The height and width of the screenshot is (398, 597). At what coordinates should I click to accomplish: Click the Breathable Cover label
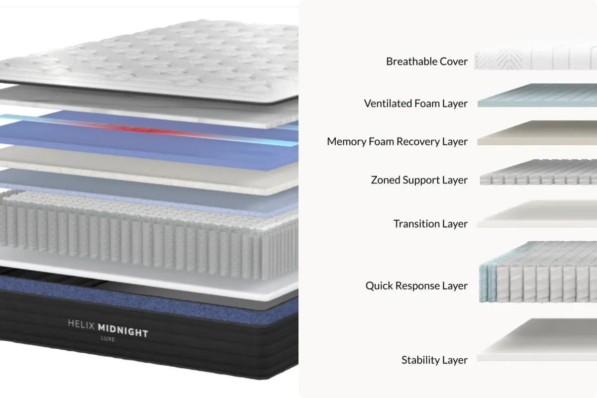427,61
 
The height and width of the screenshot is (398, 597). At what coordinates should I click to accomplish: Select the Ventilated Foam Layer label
416,103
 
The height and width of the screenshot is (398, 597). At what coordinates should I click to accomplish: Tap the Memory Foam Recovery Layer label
397,142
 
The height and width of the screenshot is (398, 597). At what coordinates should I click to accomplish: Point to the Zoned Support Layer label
419,180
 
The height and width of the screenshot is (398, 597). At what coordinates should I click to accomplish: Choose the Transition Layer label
430,224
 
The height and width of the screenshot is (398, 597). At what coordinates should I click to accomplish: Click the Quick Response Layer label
416,286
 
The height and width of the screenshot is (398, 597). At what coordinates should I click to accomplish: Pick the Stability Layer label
434,360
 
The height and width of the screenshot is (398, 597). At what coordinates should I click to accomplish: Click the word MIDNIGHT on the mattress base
123,331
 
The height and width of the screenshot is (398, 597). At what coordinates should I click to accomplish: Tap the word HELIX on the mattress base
81,324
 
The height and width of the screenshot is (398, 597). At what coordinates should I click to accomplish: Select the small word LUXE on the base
108,339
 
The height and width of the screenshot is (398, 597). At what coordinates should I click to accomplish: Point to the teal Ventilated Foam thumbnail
537,96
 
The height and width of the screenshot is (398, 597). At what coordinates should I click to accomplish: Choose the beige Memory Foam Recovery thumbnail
537,133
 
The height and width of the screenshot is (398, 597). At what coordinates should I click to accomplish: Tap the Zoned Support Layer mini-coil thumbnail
538,172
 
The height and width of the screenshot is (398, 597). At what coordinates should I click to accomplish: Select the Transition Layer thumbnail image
537,214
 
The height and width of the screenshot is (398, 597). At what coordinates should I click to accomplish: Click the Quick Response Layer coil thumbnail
538,272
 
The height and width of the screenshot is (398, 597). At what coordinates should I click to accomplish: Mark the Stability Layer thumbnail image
537,340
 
